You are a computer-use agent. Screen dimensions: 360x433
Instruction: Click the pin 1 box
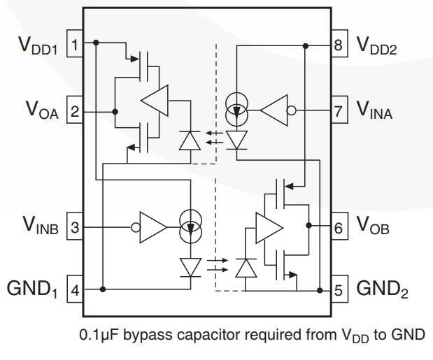pos(74,46)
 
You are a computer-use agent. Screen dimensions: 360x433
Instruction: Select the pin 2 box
pos(74,111)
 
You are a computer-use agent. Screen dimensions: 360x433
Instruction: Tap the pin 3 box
pos(74,227)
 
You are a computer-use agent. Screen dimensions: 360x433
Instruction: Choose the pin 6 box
pos(339,227)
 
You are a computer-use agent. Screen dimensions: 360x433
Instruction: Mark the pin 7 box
pos(339,110)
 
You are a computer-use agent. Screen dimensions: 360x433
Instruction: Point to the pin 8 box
pos(339,46)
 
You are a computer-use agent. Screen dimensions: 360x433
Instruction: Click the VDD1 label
pos(37,47)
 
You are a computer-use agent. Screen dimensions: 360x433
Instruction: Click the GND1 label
pos(33,289)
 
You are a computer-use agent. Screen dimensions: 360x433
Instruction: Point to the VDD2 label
pos(381,46)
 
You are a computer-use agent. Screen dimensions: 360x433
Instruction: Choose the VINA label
pos(375,110)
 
